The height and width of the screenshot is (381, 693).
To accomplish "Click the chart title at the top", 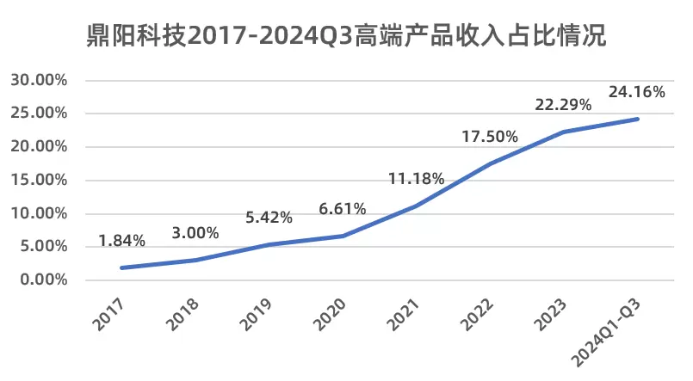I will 347,35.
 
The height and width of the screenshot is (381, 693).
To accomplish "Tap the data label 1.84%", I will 121,241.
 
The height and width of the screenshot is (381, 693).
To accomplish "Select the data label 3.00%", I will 195,232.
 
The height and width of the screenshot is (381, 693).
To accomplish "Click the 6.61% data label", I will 342,208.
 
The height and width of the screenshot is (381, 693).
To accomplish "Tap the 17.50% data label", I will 489,136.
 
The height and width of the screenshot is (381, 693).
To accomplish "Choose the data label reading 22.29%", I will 563,104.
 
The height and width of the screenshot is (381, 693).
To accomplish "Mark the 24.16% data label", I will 636,91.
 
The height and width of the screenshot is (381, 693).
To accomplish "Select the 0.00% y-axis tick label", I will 44,280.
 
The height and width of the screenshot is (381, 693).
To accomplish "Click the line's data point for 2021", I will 416,206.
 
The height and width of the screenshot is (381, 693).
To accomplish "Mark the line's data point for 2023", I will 563,132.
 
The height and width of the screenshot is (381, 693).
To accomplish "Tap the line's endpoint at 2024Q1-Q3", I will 637,119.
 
